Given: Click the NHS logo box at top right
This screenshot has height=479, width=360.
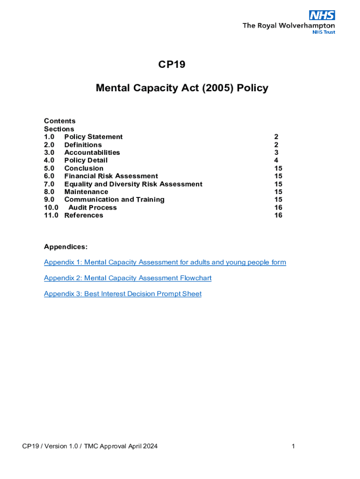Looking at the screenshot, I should point(322,15).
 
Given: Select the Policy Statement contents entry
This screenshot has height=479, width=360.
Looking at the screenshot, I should point(93,137).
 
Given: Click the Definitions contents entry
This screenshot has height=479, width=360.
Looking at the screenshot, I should point(83,145).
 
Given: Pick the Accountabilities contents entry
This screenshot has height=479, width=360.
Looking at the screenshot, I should point(92,152).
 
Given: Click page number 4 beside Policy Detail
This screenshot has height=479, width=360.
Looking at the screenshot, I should point(276,160).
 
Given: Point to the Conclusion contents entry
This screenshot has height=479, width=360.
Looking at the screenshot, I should point(84,168).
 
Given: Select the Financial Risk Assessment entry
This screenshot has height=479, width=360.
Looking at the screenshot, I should point(111,176).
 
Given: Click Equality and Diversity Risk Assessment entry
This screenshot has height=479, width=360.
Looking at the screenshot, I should point(133,184).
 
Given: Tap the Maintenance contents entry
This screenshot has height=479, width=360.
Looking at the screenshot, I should point(86,192).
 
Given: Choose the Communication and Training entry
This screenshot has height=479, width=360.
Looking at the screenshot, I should point(114,200).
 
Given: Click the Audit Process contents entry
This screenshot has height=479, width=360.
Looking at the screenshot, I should point(92,208).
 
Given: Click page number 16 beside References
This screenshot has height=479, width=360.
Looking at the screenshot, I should point(278,215).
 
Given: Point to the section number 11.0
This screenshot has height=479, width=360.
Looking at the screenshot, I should point(51,215).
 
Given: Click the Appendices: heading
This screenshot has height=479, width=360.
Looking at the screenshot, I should point(65,247).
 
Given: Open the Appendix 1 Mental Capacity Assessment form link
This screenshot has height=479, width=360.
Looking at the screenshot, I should point(165,262).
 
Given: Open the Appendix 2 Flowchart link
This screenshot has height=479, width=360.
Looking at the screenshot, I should point(127,278).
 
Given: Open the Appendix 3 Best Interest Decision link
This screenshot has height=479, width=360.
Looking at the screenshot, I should point(122,294).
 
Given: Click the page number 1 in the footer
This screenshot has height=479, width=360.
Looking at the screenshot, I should point(293,446).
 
